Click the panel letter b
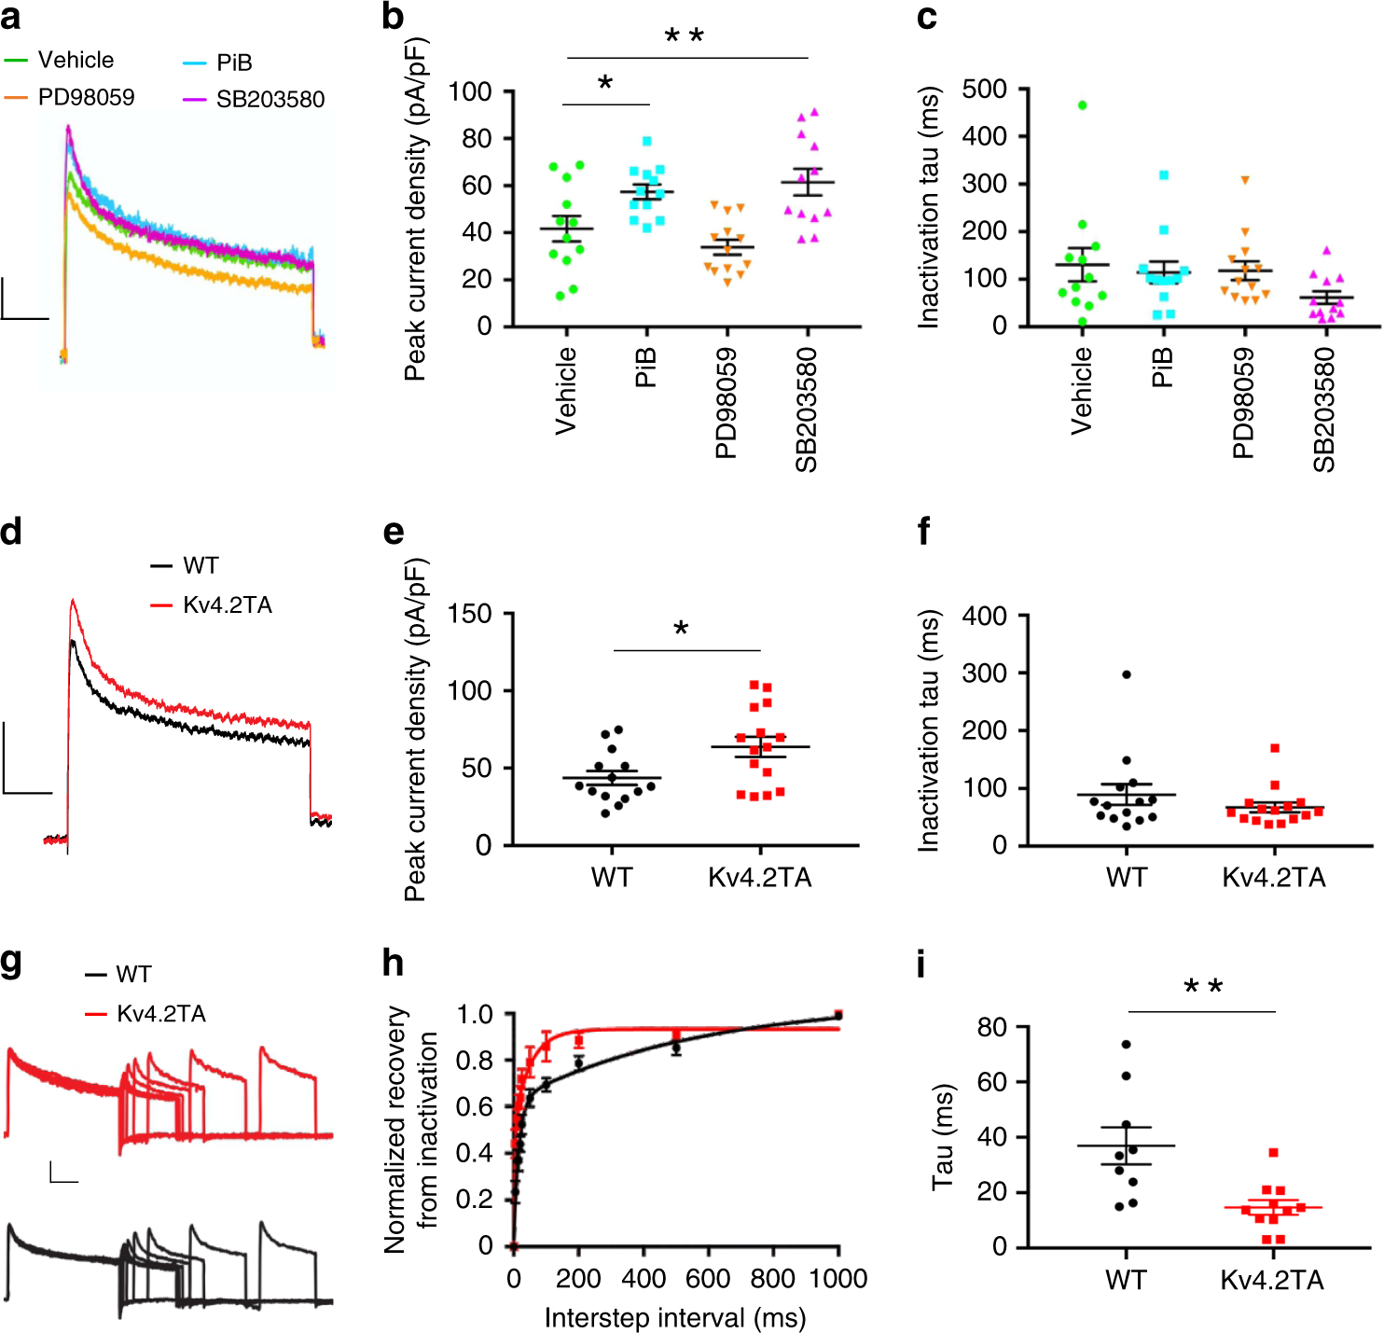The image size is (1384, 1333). point(394,18)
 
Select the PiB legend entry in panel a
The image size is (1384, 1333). point(233,62)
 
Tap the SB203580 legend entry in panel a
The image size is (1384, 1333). point(270,99)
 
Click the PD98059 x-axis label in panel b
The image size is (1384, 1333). point(727,403)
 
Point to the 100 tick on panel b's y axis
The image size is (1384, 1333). point(470,91)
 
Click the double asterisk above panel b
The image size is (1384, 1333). point(684,38)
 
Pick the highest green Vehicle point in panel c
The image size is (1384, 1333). point(1082,105)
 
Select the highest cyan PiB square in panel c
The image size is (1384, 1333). point(1163,175)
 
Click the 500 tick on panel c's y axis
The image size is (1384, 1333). point(984,90)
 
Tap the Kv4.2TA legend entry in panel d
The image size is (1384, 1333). point(227,605)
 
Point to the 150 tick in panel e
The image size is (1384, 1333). point(470,614)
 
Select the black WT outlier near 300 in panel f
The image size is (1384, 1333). point(1127,674)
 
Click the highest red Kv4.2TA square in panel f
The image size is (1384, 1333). point(1275,748)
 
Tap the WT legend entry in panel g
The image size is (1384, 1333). point(133,975)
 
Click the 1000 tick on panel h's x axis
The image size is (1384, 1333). point(837,1279)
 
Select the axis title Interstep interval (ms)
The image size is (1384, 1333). point(674,1318)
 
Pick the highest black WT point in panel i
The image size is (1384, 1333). point(1126,1045)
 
